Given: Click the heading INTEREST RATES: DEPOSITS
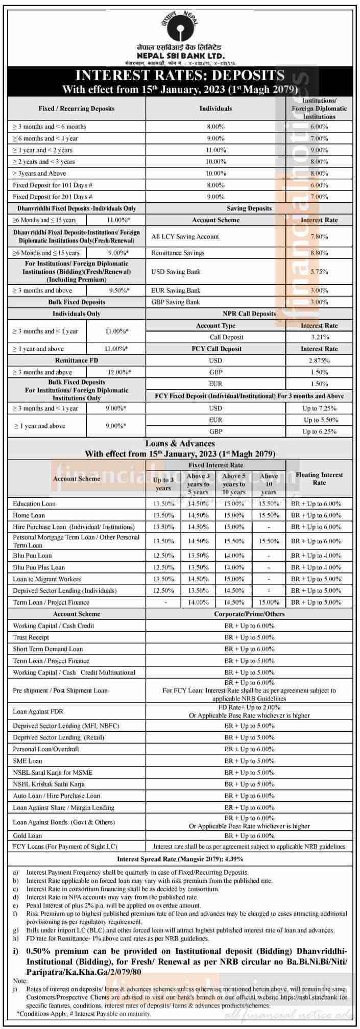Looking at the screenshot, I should [180, 76].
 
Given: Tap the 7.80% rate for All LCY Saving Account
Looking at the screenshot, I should [319, 236].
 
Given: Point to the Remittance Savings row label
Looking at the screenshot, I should [178, 253].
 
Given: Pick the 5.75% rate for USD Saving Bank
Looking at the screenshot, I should [319, 272].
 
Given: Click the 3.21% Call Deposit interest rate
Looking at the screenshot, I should [319, 337].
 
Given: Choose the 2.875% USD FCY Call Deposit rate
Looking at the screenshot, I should [319, 361].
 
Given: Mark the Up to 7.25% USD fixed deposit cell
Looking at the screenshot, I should [319, 409].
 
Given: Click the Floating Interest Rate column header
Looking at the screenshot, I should [319, 478].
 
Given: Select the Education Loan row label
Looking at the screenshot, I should [34, 504].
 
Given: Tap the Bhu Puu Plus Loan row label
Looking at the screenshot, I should [39, 567].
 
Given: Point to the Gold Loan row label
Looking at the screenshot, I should [28, 836].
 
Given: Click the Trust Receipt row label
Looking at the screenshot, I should [31, 637].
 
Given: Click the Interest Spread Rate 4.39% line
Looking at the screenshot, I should [180, 859].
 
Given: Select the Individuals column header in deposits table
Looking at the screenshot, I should [215, 108].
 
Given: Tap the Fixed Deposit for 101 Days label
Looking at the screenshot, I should [53, 185].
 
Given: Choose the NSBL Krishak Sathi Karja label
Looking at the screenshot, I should [49, 784].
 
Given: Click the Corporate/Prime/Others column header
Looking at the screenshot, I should [249, 614].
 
